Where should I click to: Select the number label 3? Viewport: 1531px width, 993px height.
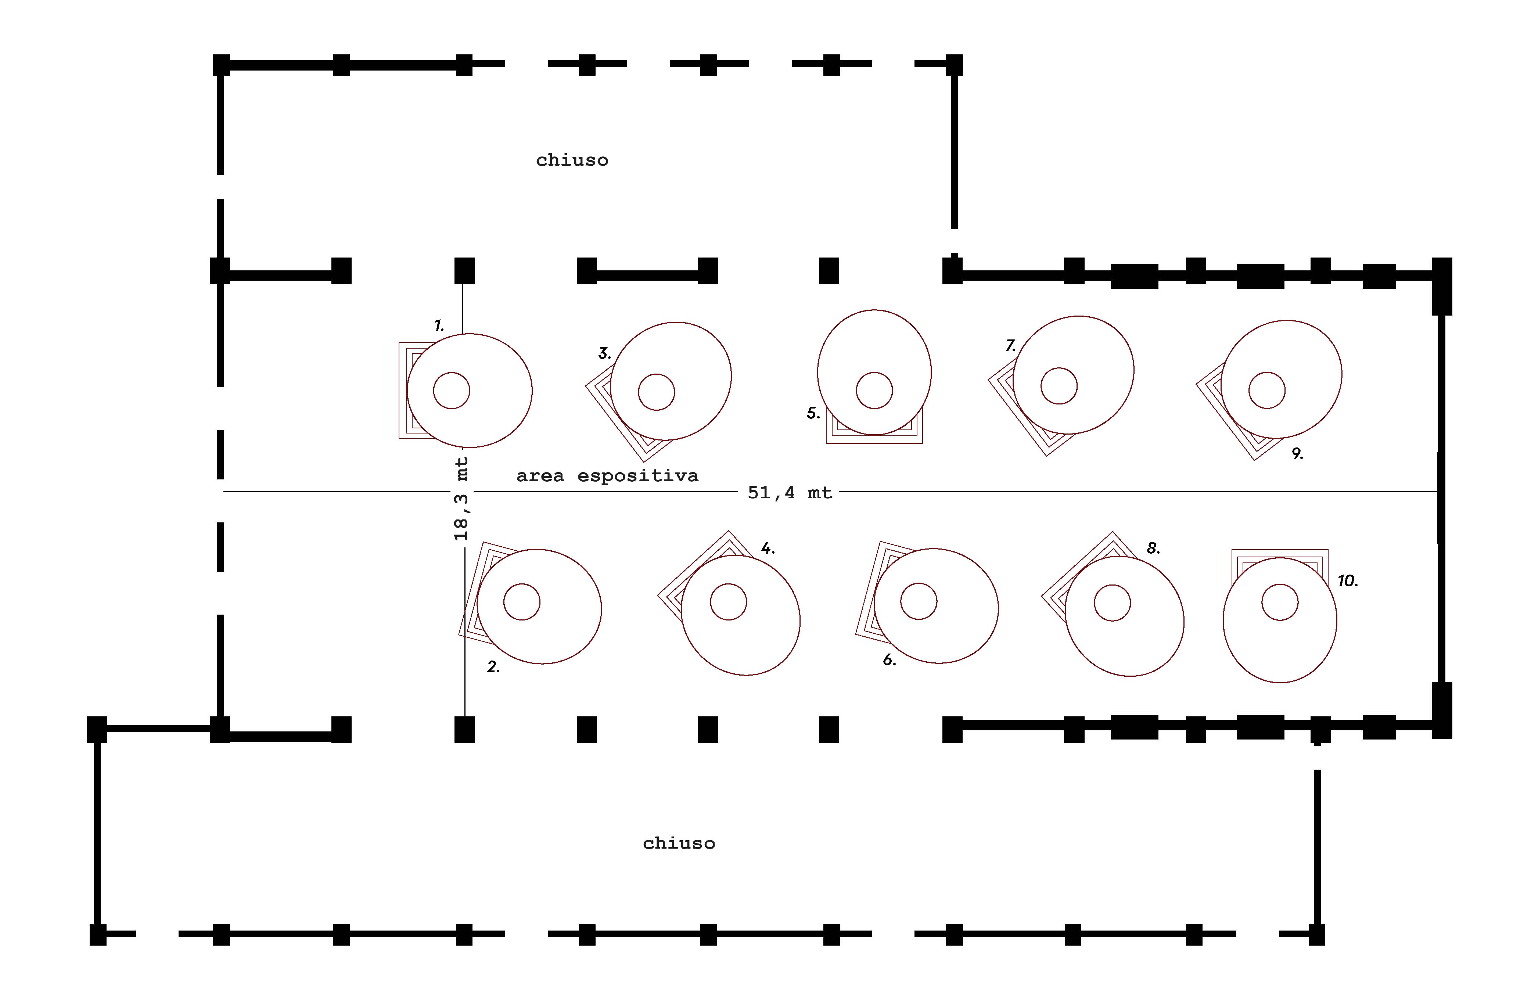(x=604, y=353)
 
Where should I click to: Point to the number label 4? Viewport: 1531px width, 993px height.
(x=768, y=548)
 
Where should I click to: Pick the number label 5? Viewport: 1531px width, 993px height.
(x=813, y=413)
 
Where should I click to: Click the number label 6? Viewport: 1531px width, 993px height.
(x=889, y=660)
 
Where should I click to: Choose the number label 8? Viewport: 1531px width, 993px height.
(x=1153, y=548)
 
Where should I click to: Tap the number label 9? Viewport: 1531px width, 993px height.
(x=1297, y=454)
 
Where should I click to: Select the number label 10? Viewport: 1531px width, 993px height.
(x=1347, y=581)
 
